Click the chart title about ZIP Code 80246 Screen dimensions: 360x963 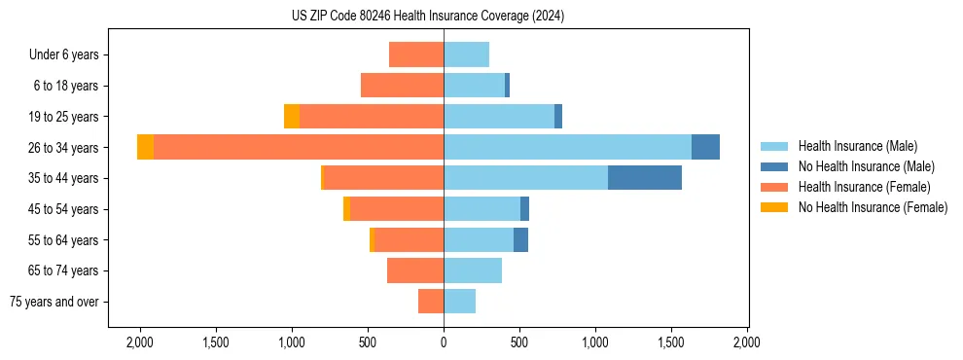point(427,17)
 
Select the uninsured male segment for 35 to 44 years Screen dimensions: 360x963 point(645,178)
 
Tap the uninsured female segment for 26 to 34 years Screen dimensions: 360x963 point(145,147)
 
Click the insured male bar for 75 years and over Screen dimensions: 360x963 point(460,302)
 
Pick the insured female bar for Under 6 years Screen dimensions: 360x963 point(416,54)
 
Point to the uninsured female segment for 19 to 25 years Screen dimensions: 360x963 point(292,117)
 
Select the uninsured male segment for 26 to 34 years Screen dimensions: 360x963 point(705,147)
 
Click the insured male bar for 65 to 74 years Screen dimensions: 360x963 point(473,270)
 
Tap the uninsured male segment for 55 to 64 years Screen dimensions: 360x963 point(520,239)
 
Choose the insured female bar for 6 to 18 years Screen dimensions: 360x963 point(402,86)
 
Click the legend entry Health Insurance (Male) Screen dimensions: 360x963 point(857,146)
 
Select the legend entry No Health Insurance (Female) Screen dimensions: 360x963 point(873,207)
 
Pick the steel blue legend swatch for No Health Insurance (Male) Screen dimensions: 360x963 point(774,166)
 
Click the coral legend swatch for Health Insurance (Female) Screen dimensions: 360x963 point(774,187)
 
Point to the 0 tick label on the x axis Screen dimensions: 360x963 point(444,342)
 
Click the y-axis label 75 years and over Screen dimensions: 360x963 point(54,302)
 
